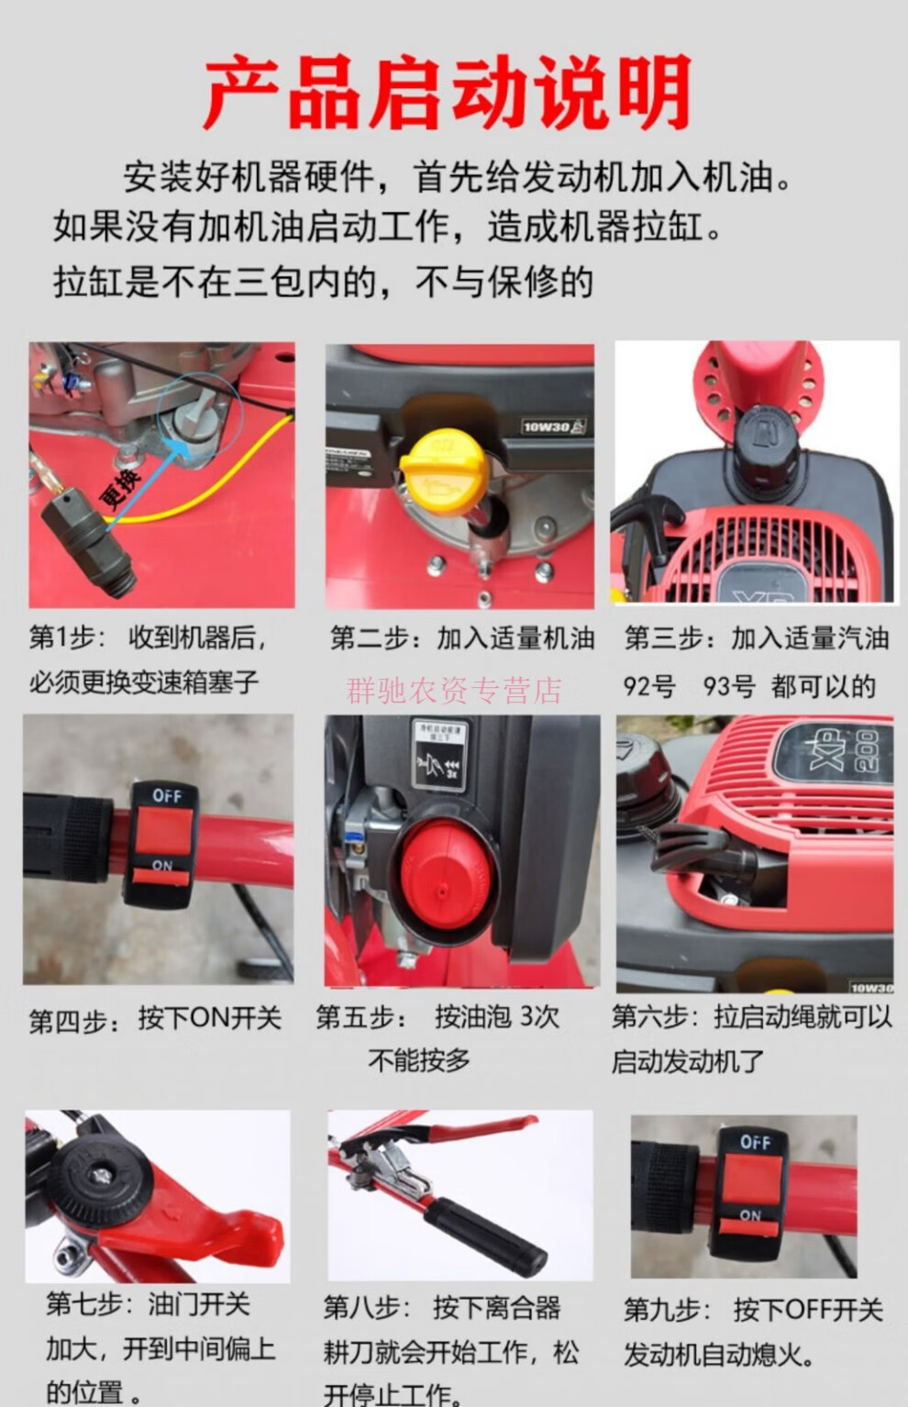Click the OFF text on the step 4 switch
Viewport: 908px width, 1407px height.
tap(166, 796)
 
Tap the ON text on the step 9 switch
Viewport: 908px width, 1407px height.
tap(749, 1215)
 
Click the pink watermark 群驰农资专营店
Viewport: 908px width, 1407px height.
tap(453, 691)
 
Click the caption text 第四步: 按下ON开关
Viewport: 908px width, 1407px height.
tap(155, 1019)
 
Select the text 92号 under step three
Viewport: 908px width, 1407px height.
tap(649, 687)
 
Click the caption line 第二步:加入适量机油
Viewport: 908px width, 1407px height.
tap(462, 638)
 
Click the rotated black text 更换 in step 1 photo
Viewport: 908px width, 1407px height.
tap(119, 487)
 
